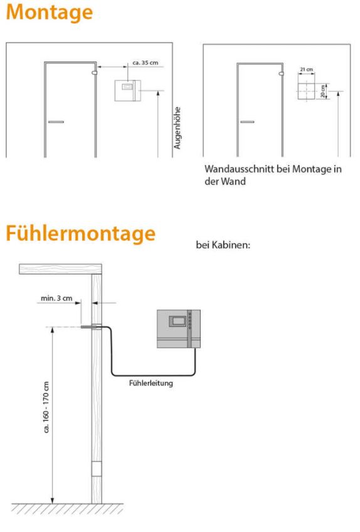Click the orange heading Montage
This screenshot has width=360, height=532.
coord(50,12)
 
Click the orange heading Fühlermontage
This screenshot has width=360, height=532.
coord(81,233)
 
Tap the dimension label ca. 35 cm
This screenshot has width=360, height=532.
coord(146,63)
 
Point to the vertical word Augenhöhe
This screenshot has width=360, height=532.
coord(177,128)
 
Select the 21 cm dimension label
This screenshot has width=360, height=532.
coord(307,69)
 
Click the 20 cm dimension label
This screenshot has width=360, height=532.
coord(322,91)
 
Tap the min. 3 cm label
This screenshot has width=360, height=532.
coord(56,298)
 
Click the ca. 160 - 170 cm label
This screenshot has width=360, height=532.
coord(46,407)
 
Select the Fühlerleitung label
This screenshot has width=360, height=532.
coord(151,383)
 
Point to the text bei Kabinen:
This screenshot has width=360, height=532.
coord(223,245)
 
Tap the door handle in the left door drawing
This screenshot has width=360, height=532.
coord(56,122)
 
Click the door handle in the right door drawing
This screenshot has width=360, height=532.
coord(247,122)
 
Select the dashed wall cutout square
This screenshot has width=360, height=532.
coord(307,91)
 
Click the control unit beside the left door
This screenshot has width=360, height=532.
coord(127,90)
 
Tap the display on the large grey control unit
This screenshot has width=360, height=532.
coord(178,321)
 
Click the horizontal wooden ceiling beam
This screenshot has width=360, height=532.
coord(60,269)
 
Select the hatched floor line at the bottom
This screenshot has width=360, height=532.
coord(68,508)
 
